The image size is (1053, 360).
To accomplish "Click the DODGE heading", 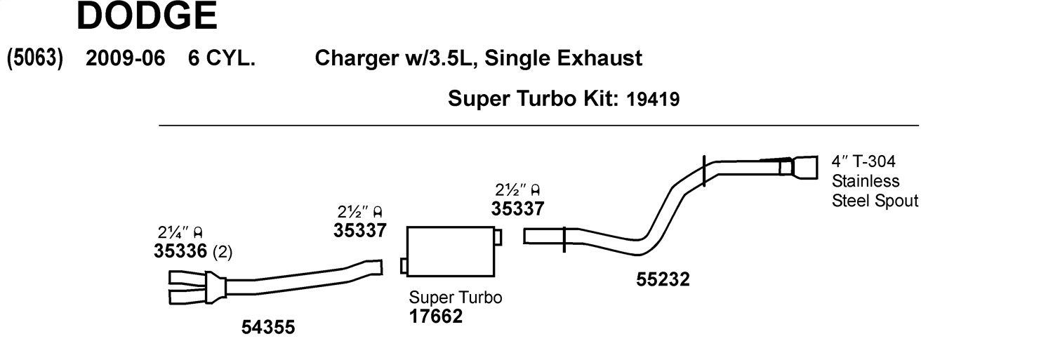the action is (x=147, y=15).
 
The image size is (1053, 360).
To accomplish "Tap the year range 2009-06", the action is (x=126, y=58).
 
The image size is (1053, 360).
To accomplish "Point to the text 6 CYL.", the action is (x=221, y=58).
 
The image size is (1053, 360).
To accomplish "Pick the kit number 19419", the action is (x=653, y=99).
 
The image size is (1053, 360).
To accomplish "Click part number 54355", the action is (x=268, y=327).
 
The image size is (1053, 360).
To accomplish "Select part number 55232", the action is (x=663, y=279).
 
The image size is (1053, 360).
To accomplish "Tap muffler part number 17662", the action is (x=436, y=316).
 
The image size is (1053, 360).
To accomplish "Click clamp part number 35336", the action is (x=180, y=251).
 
